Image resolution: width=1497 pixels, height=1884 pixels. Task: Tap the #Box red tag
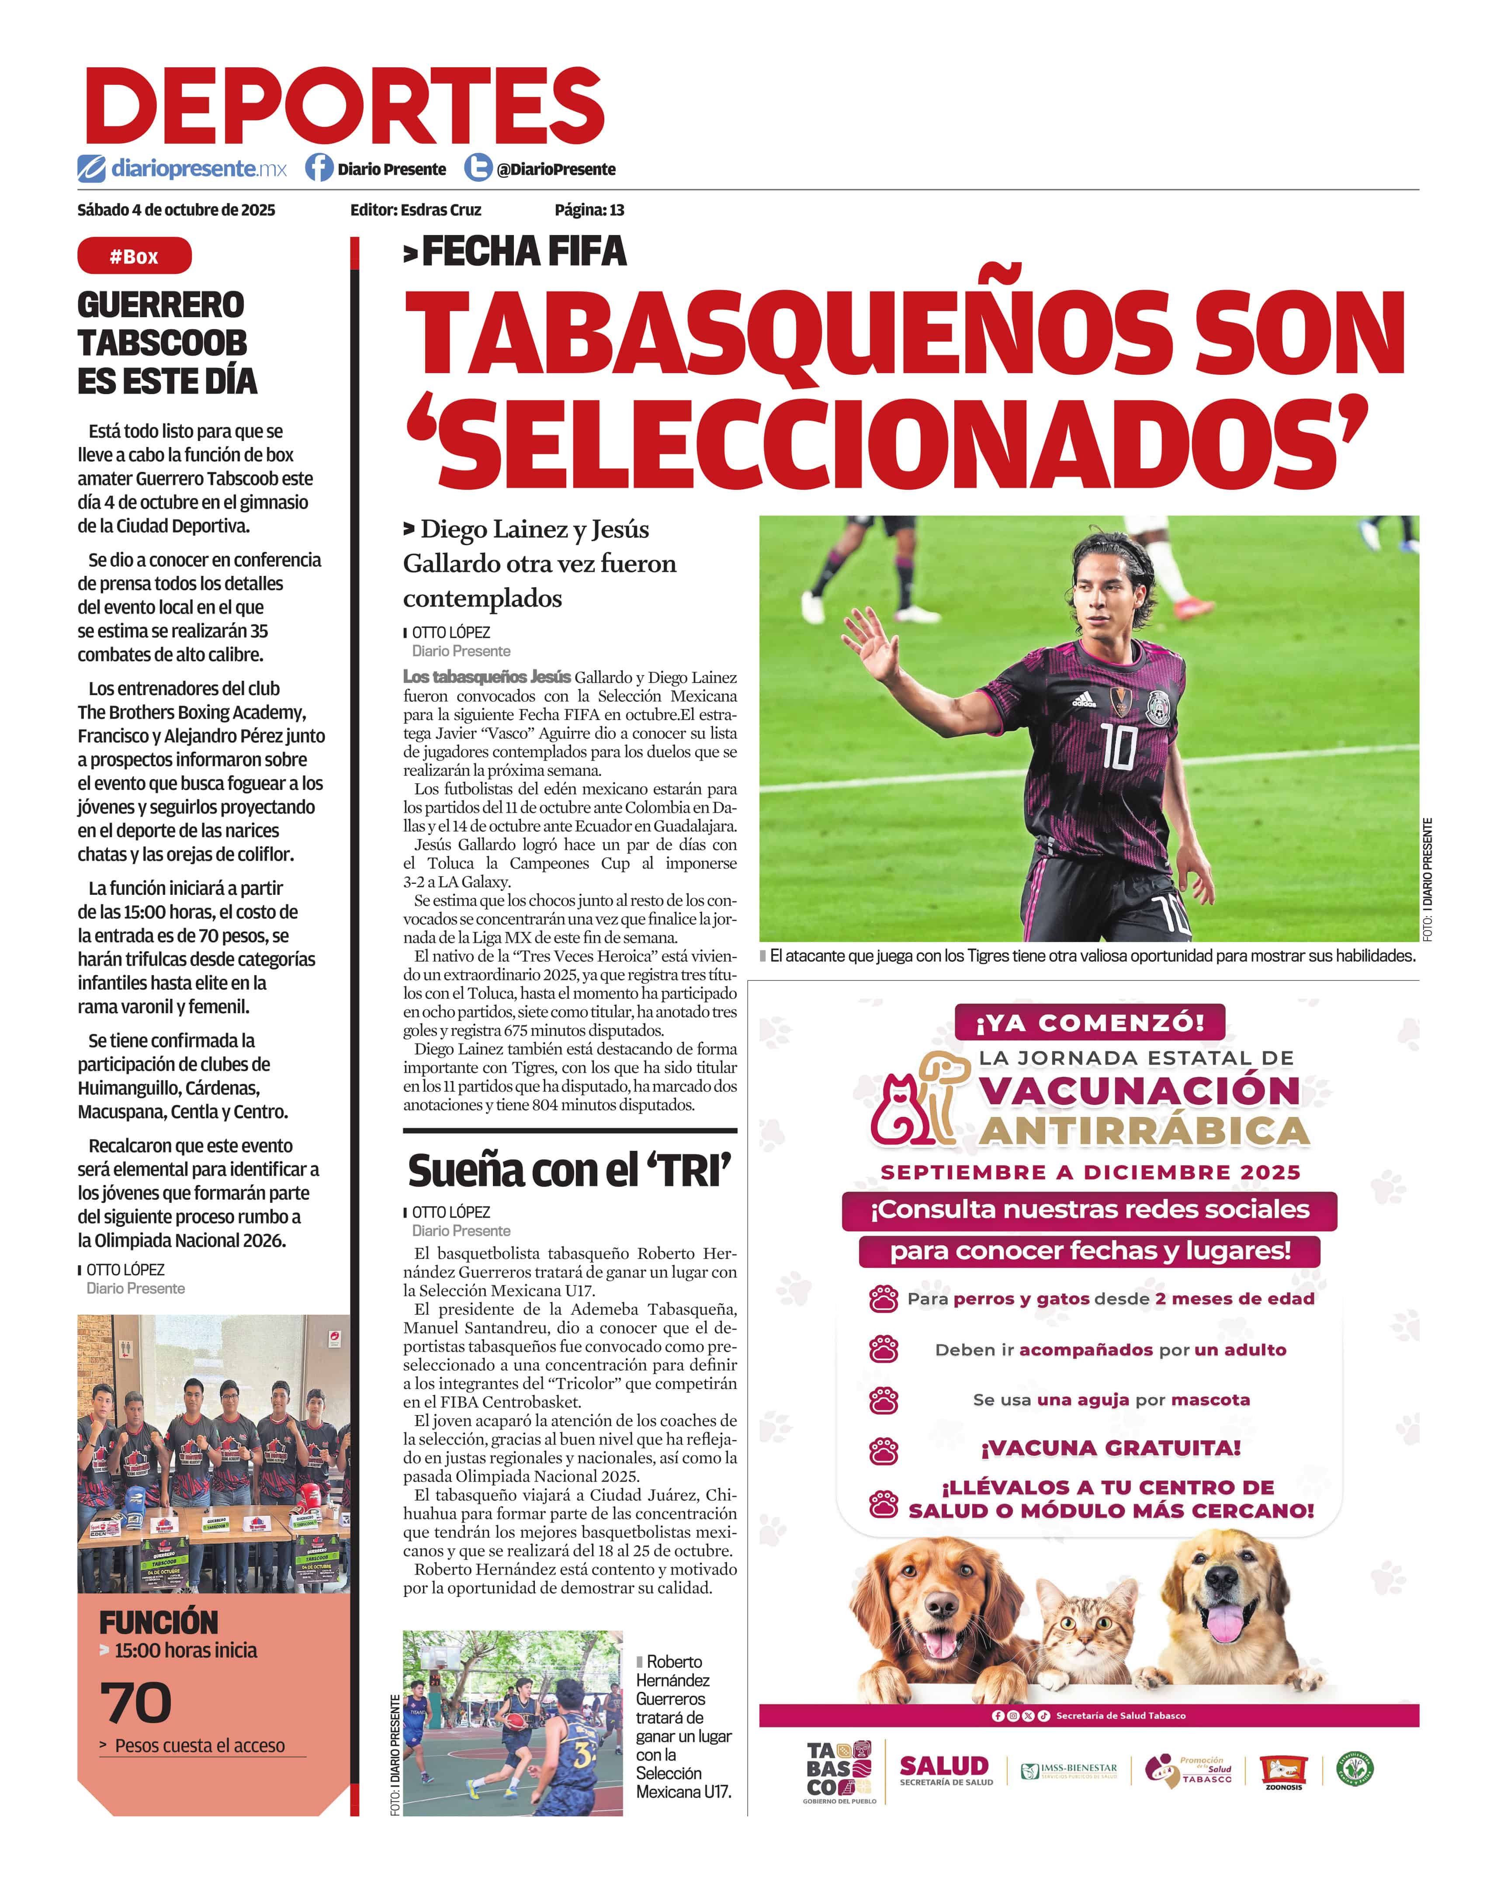pyautogui.click(x=134, y=256)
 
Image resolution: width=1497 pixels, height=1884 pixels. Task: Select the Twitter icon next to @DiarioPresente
pyautogui.click(x=477, y=168)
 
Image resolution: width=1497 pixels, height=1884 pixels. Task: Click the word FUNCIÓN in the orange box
pyautogui.click(x=158, y=1623)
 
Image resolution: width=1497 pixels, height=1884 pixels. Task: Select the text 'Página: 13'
pyautogui.click(x=589, y=210)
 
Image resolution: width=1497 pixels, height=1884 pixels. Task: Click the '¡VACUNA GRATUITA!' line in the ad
pyautogui.click(x=1111, y=1448)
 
